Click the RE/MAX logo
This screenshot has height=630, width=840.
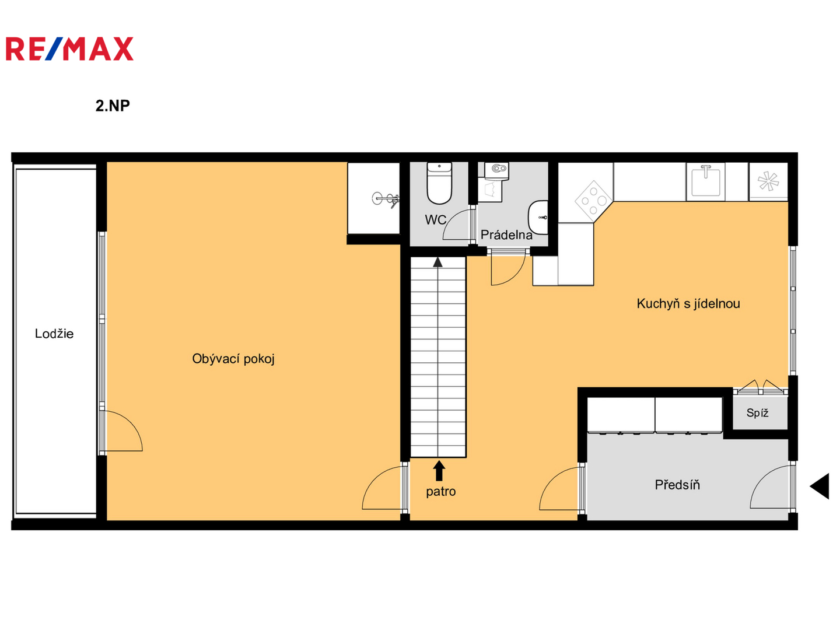[x=69, y=48]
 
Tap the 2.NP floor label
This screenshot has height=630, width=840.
[x=113, y=106]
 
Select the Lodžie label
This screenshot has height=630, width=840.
[x=54, y=334]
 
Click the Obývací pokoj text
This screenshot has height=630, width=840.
[x=233, y=359]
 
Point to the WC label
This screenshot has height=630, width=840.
[x=435, y=219]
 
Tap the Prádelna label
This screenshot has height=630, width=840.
[x=506, y=235]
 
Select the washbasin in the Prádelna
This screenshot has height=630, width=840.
[x=538, y=217]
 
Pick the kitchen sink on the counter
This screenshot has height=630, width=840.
[x=705, y=181]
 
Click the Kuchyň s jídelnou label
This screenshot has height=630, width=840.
[x=688, y=304]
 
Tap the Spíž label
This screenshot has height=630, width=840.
[x=757, y=413]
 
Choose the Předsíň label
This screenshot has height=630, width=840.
[x=677, y=485]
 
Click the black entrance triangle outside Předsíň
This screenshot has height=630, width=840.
[x=820, y=486]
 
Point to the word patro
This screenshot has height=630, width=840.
[x=440, y=492]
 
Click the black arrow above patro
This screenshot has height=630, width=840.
[x=439, y=471]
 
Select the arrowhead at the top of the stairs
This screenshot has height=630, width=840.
[x=438, y=262]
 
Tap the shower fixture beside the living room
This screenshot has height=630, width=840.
[x=386, y=199]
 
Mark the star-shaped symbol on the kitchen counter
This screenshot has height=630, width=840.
[x=768, y=181]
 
